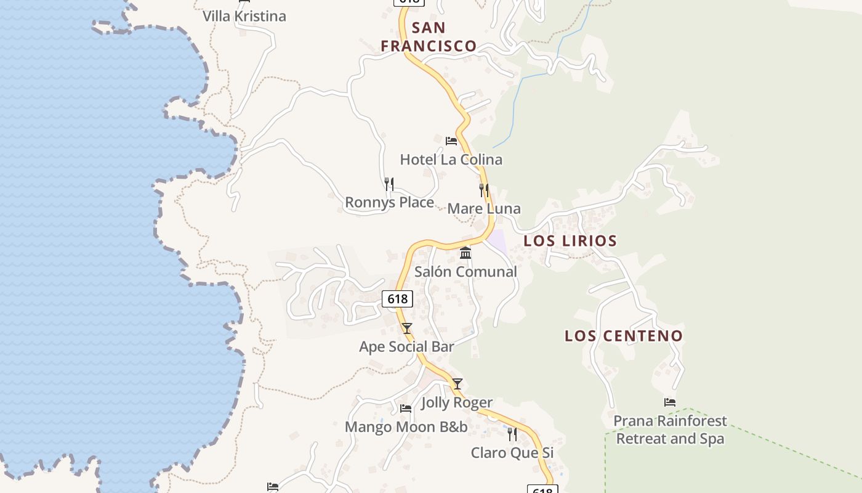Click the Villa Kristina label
[244, 16]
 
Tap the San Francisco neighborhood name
[429, 36]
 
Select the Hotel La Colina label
[451, 160]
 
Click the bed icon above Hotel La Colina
[451, 141]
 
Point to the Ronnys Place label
[389, 202]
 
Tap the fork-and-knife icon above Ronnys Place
[389, 184]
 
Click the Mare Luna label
[483, 208]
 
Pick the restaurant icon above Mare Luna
[484, 190]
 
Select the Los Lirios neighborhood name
[570, 240]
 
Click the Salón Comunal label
[465, 271]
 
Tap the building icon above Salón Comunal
[465, 253]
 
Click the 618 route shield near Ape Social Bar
[397, 299]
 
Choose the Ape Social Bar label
[406, 346]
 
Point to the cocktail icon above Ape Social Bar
[406, 328]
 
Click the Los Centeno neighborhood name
[624, 336]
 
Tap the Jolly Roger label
[457, 402]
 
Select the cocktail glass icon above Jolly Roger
[457, 384]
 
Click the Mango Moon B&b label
[406, 426]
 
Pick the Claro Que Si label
[512, 453]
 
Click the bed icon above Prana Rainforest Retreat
[670, 402]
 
